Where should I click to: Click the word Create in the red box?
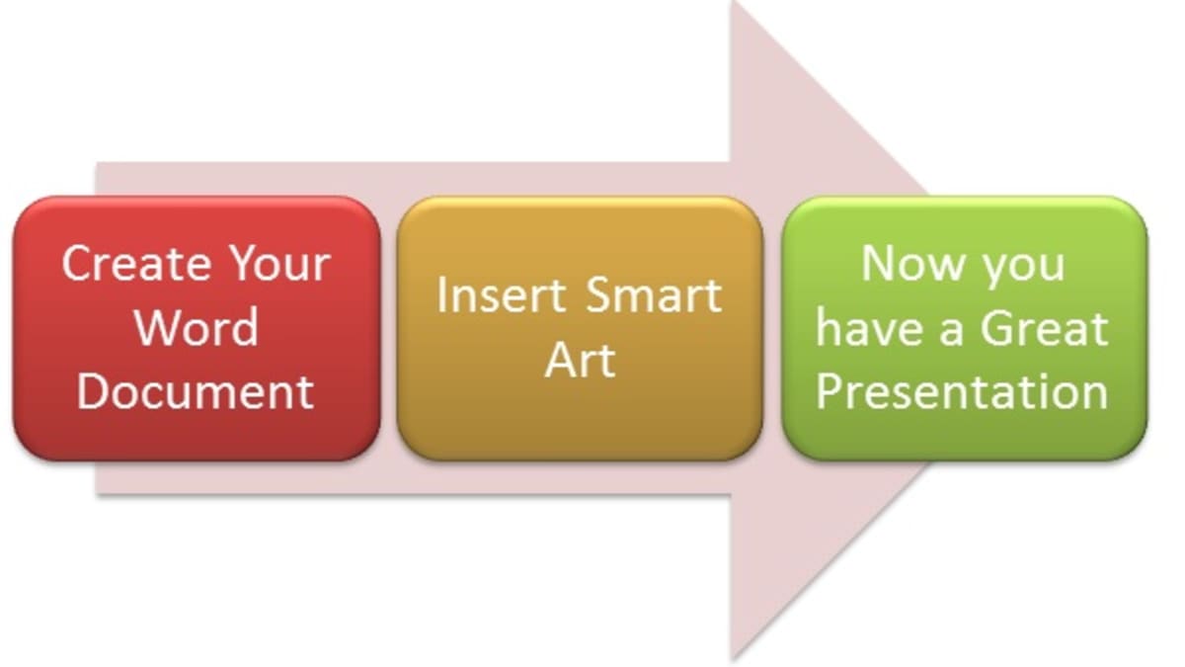(136, 263)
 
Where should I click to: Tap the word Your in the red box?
(280, 263)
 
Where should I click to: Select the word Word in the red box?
(197, 327)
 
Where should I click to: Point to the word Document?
(196, 391)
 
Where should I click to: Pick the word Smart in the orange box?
(654, 295)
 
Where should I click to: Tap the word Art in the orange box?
(580, 360)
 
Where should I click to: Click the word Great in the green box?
(1045, 328)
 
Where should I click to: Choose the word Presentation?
(962, 391)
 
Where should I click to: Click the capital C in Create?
(78, 263)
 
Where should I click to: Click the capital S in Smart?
(600, 295)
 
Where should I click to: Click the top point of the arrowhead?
(734, 1)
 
